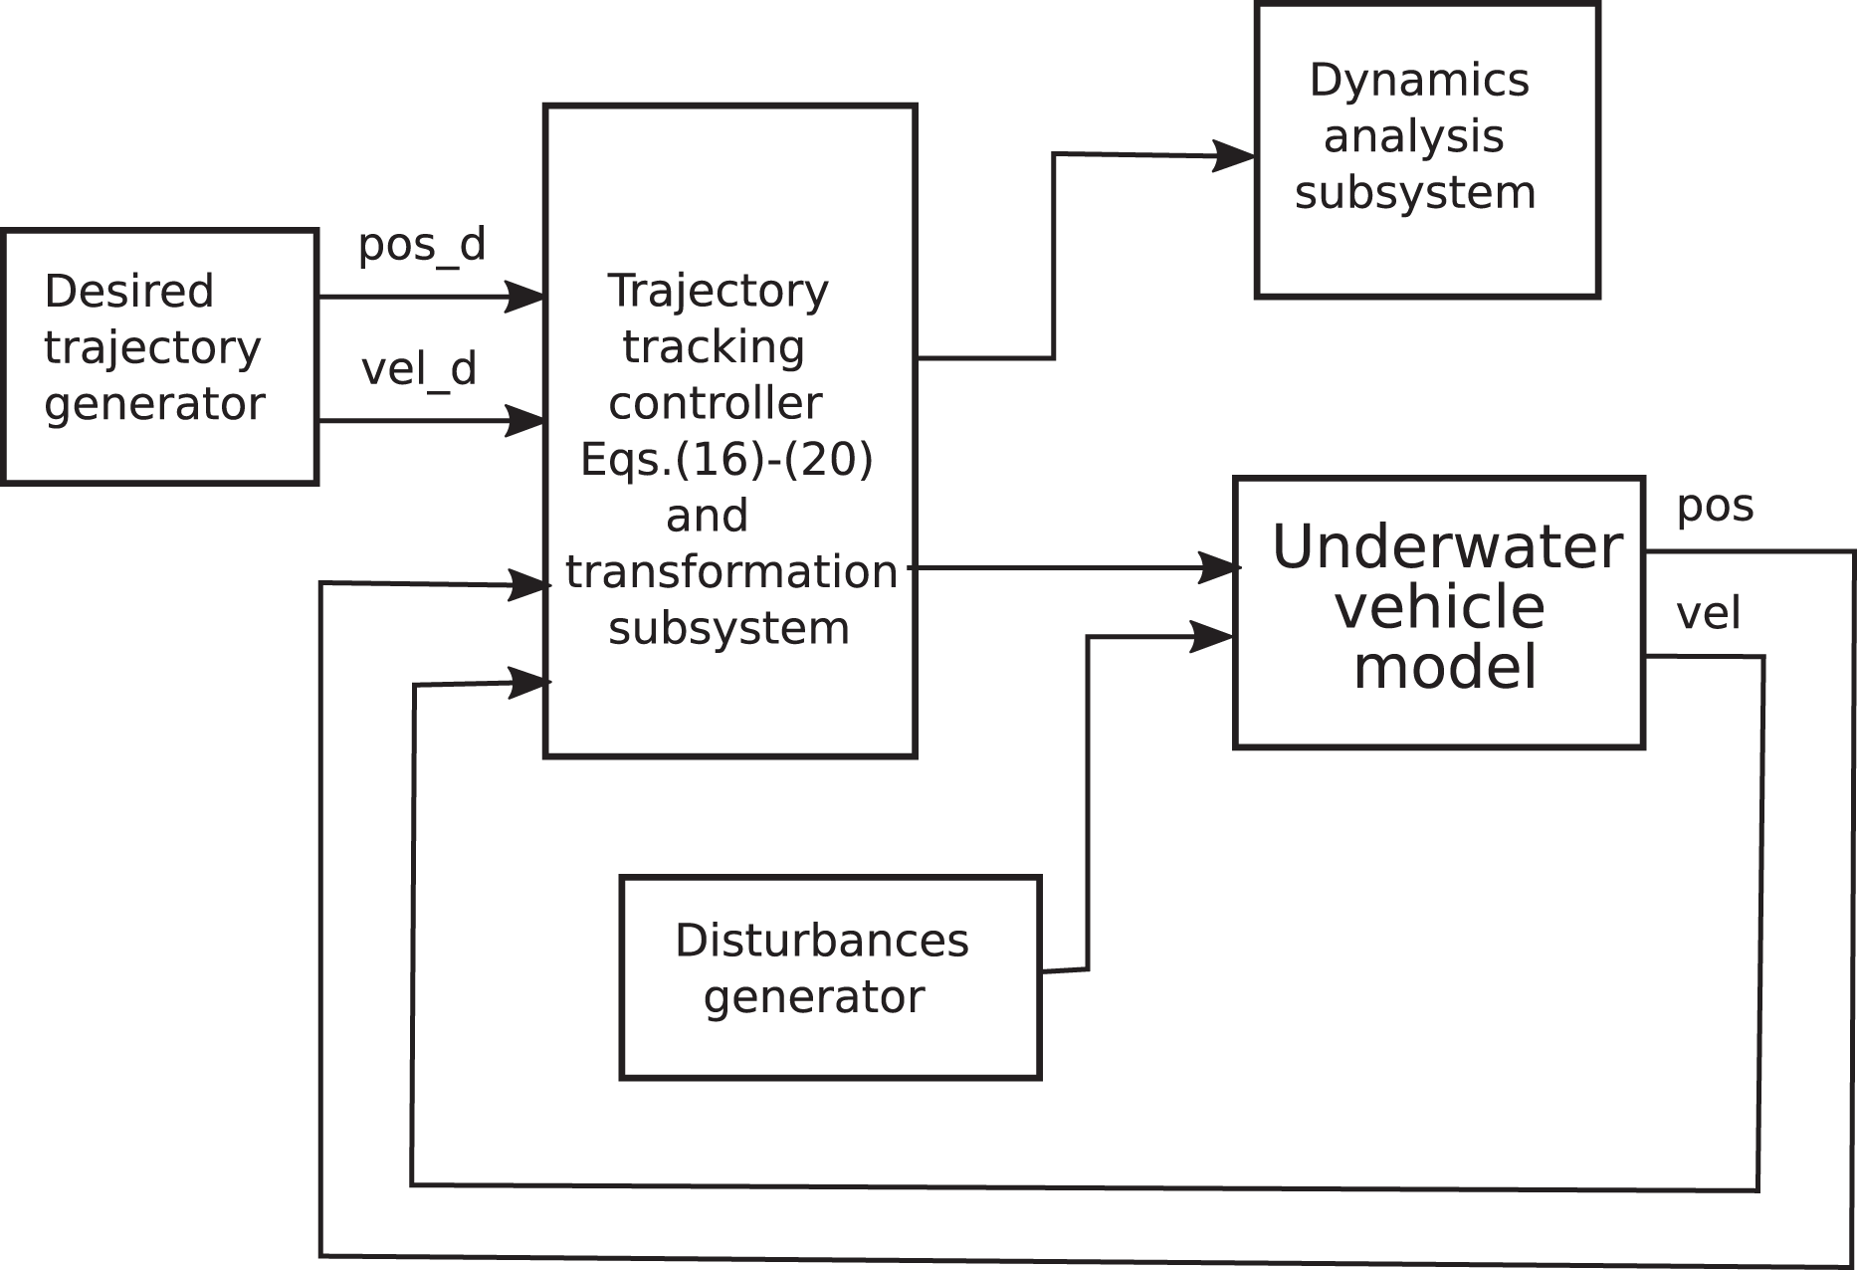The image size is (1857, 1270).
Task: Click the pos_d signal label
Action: pos(422,245)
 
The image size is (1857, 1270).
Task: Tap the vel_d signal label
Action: pos(419,369)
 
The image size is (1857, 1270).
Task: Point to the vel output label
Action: pos(1709,613)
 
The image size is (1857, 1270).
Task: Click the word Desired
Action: pos(129,292)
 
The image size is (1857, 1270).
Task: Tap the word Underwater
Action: pos(1447,546)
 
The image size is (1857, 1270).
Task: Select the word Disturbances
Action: pos(822,941)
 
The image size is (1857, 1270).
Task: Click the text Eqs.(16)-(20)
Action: pos(726,460)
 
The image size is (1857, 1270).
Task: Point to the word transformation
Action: pos(731,572)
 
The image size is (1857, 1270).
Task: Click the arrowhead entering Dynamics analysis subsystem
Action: pos(1234,156)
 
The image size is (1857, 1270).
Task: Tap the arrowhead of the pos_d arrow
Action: pos(524,297)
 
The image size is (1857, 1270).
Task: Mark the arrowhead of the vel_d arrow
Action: pos(524,420)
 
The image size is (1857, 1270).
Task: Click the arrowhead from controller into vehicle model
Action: pos(1219,568)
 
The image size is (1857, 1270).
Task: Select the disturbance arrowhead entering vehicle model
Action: pos(1212,636)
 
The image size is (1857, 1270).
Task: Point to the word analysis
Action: pos(1414,137)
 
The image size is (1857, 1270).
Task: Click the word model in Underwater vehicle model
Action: pos(1446,667)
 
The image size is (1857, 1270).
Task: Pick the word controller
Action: pos(716,403)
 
